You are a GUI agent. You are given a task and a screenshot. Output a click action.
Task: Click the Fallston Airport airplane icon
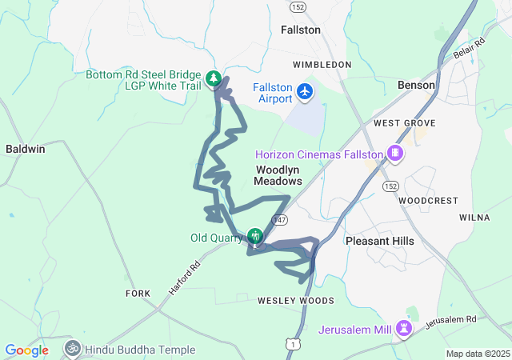(x=304, y=92)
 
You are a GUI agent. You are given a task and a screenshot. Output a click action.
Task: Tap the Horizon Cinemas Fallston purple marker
(x=394, y=152)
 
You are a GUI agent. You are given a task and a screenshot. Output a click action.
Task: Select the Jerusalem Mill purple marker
(x=406, y=327)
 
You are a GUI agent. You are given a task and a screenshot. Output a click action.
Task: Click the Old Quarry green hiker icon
(x=255, y=235)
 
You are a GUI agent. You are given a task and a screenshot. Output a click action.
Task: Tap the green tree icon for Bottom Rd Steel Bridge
(x=214, y=78)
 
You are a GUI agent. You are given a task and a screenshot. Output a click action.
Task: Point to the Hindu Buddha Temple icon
(x=72, y=349)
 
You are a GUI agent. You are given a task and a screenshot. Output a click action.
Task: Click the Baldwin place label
(x=26, y=149)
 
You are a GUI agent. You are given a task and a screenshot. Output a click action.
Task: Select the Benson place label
(x=416, y=85)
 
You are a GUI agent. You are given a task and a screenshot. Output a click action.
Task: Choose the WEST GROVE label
(x=404, y=123)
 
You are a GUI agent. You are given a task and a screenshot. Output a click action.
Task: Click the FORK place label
(x=138, y=294)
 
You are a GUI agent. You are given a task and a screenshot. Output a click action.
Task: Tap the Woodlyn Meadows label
(x=278, y=175)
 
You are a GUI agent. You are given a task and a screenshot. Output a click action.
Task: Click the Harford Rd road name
(x=183, y=280)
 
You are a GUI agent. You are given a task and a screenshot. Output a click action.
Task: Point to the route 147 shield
(x=279, y=219)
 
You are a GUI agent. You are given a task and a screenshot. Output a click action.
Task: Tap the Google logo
(x=27, y=350)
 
